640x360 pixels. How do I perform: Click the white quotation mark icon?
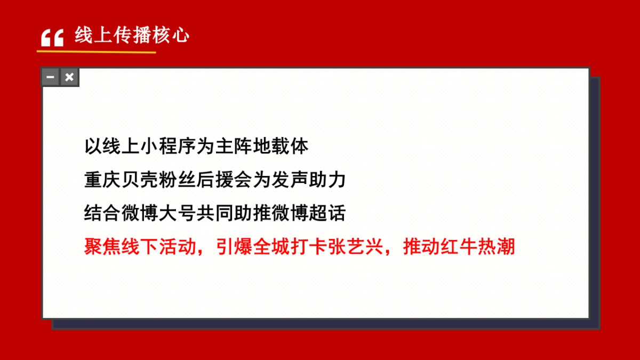tap(52, 38)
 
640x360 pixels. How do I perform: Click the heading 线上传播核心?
tap(132, 35)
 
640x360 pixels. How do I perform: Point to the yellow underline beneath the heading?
tap(96, 52)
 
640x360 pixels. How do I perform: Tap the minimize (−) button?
tap(51, 77)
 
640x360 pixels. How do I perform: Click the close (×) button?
tap(69, 77)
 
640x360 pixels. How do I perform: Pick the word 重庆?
tap(102, 179)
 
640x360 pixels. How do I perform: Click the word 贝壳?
tap(139, 179)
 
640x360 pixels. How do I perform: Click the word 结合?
tap(102, 213)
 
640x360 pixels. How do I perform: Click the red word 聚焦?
tap(102, 247)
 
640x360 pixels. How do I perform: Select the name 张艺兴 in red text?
tap(355, 247)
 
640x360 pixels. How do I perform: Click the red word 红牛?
tap(458, 247)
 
